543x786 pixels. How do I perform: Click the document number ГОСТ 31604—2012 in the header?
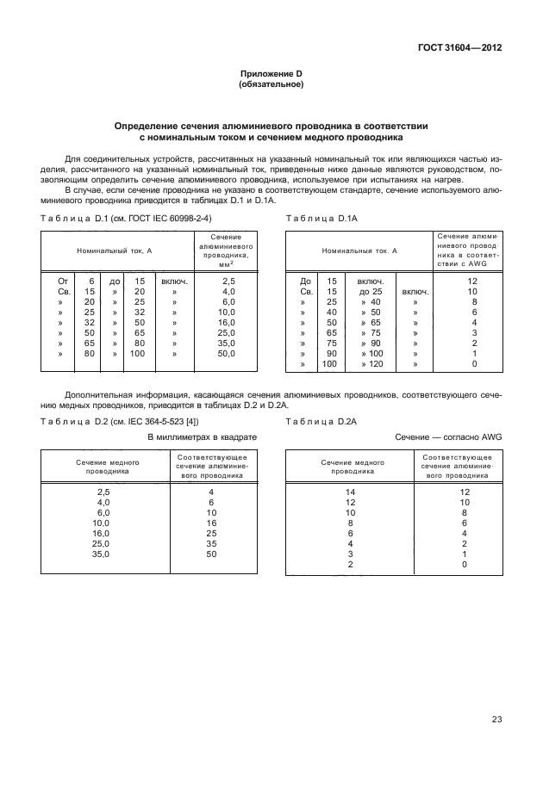(458, 47)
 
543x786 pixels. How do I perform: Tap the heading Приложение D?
(271, 75)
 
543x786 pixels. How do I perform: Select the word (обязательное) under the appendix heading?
(271, 85)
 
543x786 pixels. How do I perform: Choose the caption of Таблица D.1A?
(321, 220)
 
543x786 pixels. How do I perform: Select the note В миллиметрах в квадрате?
(203, 437)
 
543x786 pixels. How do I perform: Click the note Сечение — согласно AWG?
(448, 437)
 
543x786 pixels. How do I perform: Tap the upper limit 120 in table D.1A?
(374, 365)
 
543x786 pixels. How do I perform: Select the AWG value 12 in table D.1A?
(472, 281)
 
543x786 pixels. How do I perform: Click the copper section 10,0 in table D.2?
(103, 523)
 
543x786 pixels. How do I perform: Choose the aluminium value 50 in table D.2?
(211, 555)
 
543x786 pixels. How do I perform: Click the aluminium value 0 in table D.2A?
(464, 566)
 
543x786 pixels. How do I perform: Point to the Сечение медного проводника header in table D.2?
(101, 467)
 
